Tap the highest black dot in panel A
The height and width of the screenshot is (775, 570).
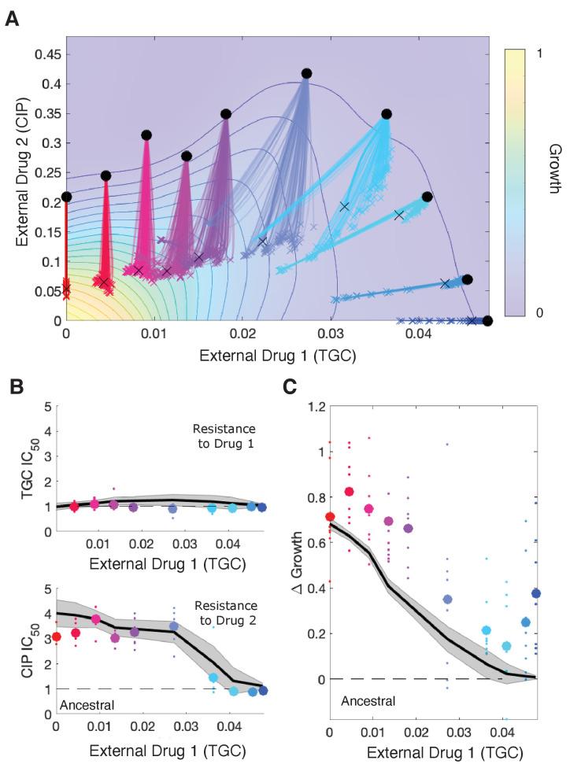[306, 73]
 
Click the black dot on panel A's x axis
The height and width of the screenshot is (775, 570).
[487, 320]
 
